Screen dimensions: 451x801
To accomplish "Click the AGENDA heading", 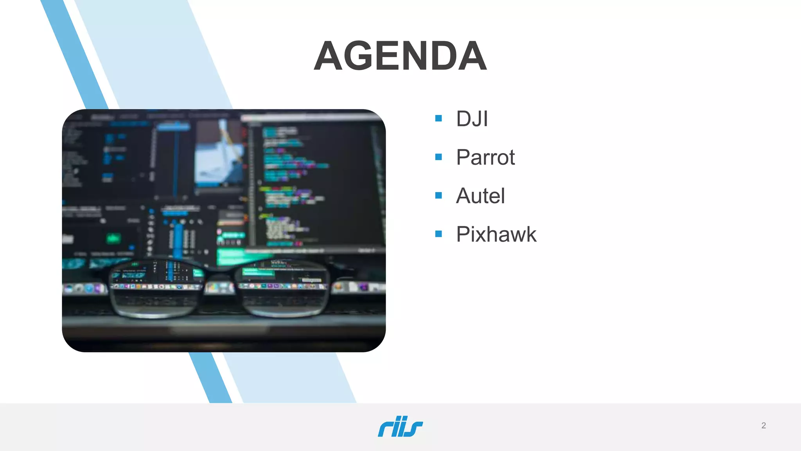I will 400,56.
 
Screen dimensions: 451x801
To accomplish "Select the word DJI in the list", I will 472,119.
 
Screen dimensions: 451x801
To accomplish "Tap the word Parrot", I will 485,157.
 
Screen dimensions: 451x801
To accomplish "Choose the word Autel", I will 480,196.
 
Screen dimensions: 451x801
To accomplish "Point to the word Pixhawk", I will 496,234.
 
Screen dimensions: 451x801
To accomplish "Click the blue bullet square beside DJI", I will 438,118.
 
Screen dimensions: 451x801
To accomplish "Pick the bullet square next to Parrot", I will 438,157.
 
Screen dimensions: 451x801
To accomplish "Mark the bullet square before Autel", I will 438,195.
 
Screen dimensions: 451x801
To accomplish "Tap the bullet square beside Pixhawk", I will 438,234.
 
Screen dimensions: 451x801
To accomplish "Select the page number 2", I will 763,426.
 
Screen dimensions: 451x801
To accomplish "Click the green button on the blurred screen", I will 114,238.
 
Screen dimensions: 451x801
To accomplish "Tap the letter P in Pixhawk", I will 463,234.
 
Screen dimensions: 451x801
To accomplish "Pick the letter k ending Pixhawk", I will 531,234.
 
